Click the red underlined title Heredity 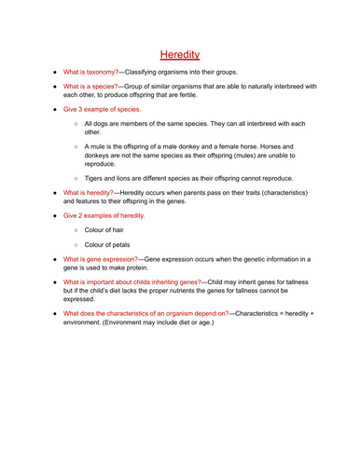coord(180,55)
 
